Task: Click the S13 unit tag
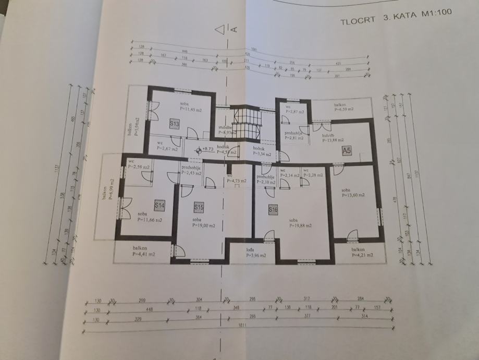pyautogui.click(x=174, y=124)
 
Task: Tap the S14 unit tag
pyautogui.click(x=159, y=206)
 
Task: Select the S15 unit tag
pyautogui.click(x=199, y=208)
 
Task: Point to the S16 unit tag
pyautogui.click(x=273, y=209)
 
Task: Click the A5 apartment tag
pyautogui.click(x=347, y=150)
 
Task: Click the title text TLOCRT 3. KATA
pyautogui.click(x=372, y=22)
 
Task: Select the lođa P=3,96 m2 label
pyautogui.click(x=256, y=253)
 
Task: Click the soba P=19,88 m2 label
pyautogui.click(x=301, y=223)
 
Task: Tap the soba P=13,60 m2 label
pyautogui.click(x=352, y=192)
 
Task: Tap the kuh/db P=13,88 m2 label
pyautogui.click(x=334, y=136)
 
